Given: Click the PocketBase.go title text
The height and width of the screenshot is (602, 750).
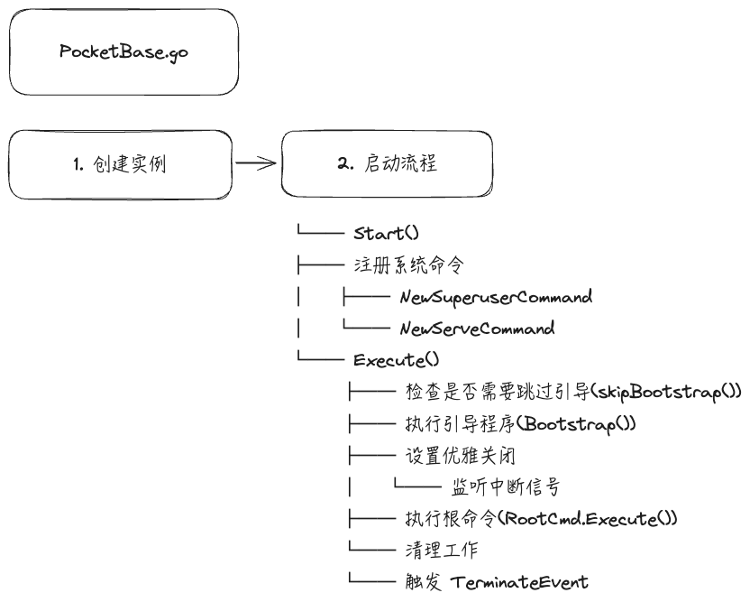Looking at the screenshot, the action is [x=123, y=51].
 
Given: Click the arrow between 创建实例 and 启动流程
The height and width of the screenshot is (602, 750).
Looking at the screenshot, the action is [x=256, y=163].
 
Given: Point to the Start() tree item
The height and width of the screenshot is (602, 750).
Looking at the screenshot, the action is [x=386, y=233].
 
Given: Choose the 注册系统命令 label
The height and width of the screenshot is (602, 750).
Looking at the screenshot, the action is [x=409, y=264].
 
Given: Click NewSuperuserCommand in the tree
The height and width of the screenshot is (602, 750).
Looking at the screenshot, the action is [x=496, y=298].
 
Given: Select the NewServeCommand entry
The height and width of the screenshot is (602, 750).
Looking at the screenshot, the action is [x=478, y=329].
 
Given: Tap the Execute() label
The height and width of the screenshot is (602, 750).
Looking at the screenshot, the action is [x=396, y=360].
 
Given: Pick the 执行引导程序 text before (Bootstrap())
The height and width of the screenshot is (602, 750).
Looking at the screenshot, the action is [x=460, y=424].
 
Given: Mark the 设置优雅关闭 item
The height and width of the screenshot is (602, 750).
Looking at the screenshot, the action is [x=460, y=456].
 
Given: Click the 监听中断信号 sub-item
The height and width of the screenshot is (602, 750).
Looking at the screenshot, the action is [x=506, y=487].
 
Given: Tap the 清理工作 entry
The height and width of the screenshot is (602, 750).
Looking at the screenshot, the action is [x=442, y=550].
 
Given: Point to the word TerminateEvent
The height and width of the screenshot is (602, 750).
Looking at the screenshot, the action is [x=519, y=582].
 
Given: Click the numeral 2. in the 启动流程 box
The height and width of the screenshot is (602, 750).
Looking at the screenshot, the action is [x=345, y=163].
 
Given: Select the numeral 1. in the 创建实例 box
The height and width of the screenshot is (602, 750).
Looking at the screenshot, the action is [x=78, y=165].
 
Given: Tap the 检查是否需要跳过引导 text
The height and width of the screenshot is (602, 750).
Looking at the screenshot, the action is [x=498, y=393].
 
